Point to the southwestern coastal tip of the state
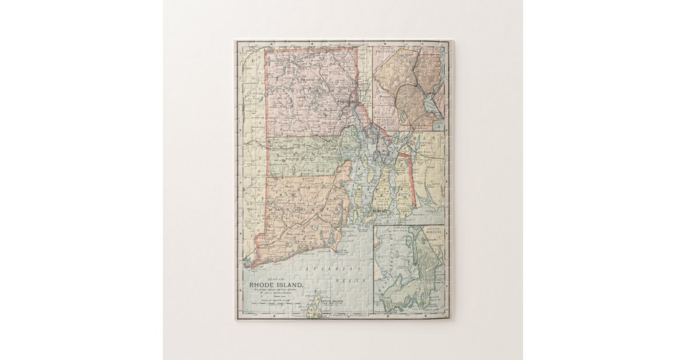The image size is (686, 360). point(248,265)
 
